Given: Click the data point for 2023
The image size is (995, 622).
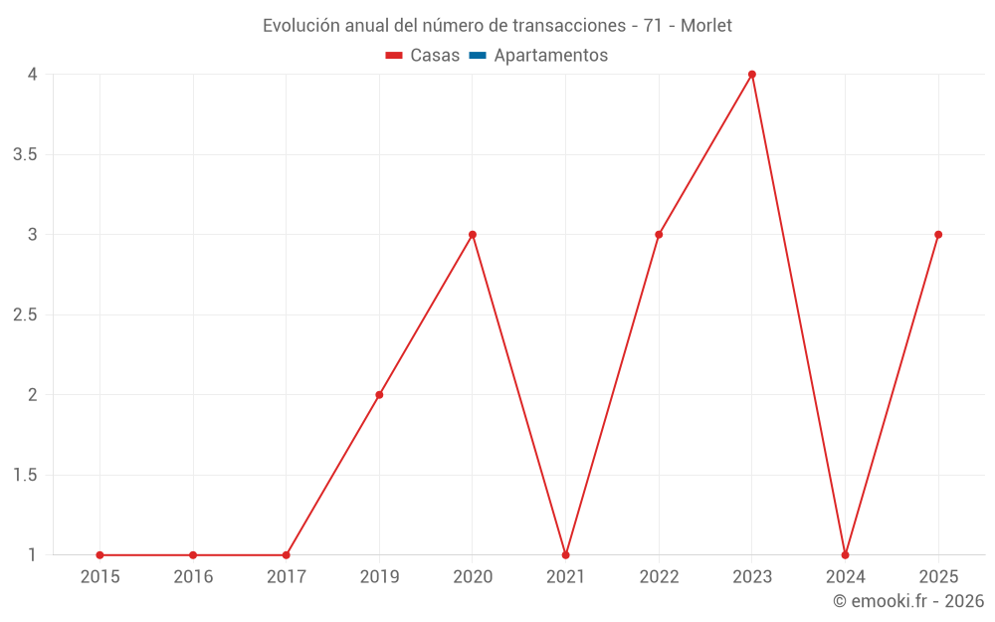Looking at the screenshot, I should click(x=752, y=75).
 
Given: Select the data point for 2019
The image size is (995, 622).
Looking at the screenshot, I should click(x=379, y=395).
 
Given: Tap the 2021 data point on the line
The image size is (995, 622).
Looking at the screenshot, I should click(x=565, y=555).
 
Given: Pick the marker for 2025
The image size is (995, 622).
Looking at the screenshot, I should click(x=938, y=235).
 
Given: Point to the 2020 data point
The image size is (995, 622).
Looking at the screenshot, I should click(x=473, y=235).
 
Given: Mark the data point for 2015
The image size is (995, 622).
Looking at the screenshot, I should click(x=99, y=555).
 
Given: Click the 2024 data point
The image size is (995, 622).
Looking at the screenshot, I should click(x=845, y=555).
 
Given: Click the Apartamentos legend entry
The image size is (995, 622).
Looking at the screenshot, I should click(x=550, y=56).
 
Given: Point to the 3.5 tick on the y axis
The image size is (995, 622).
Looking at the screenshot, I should click(x=26, y=154).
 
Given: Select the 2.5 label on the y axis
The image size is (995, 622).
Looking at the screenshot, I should click(x=26, y=314).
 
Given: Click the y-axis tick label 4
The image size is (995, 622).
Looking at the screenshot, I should click(x=33, y=75).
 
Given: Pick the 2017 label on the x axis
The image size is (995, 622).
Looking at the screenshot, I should click(x=286, y=576).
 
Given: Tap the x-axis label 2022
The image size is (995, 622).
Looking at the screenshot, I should click(x=659, y=576).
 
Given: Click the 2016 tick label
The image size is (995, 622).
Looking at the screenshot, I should click(x=193, y=576).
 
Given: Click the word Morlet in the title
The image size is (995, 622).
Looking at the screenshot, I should click(x=706, y=26).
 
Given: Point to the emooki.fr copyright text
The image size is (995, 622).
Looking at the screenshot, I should click(x=908, y=601).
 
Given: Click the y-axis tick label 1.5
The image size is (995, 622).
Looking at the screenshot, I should click(x=26, y=475).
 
